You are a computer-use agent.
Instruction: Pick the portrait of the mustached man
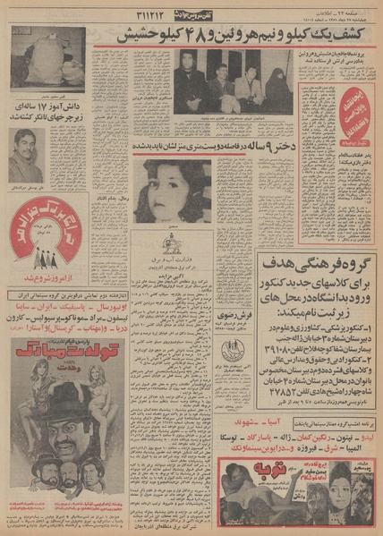(27, 155)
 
